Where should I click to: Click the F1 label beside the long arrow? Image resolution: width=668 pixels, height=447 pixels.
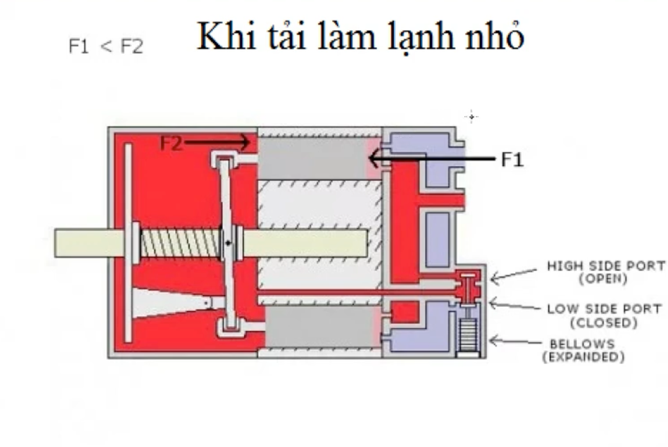click(x=511, y=160)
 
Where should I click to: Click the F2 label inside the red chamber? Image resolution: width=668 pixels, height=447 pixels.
click(x=171, y=144)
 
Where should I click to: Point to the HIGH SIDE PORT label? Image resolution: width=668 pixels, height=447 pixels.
click(x=605, y=266)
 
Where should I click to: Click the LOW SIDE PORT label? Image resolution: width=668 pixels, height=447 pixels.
click(x=606, y=309)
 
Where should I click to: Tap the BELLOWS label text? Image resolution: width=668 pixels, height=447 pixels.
click(x=582, y=343)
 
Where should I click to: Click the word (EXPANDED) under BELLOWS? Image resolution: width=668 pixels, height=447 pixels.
click(x=583, y=357)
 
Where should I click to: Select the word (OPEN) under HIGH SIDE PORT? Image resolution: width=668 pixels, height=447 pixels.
click(x=603, y=279)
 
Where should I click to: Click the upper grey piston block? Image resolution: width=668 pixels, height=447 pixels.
click(x=313, y=159)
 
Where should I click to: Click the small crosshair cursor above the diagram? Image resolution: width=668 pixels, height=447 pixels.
click(x=472, y=117)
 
